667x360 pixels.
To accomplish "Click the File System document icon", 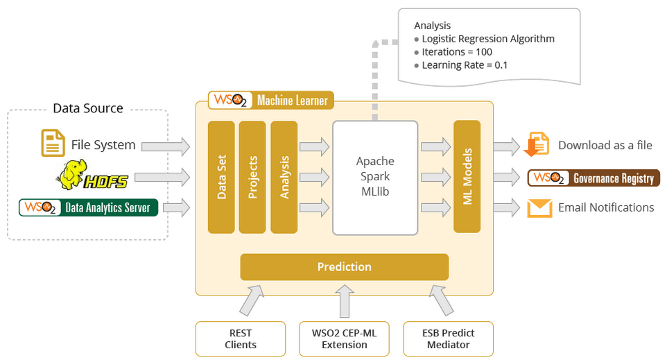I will pyautogui.click(x=53, y=144).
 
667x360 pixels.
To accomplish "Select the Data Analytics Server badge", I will pyautogui.click(x=89, y=207).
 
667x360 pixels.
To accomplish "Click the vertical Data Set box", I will pyautogui.click(x=221, y=177).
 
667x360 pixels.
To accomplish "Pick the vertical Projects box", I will pyautogui.click(x=252, y=177).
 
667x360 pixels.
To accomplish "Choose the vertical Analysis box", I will pyautogui.click(x=284, y=177).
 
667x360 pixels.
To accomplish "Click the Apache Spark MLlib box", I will pyautogui.click(x=375, y=178).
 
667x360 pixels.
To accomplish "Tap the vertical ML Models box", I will pyautogui.click(x=467, y=177).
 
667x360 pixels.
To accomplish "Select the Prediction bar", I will pyautogui.click(x=344, y=267).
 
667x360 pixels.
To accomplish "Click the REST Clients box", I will pyautogui.click(x=241, y=339).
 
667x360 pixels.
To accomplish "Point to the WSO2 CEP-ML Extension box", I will pyautogui.click(x=345, y=339).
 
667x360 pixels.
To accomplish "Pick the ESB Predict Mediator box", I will pyautogui.click(x=448, y=339).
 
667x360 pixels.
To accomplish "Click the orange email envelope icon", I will pyautogui.click(x=539, y=208).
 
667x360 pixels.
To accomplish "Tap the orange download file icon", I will pyautogui.click(x=538, y=145).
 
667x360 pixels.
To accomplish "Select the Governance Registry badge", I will pyautogui.click(x=594, y=178).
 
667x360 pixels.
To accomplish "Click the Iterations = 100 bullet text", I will pyautogui.click(x=457, y=52).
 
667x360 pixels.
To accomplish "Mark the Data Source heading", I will pyautogui.click(x=88, y=108).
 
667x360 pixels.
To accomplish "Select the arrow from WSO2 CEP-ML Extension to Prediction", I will pyautogui.click(x=345, y=301).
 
